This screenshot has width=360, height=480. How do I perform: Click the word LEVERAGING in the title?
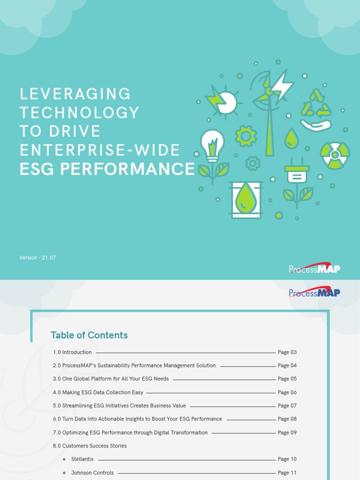coord(75,94)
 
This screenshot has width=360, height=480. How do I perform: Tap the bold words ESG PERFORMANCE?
coord(107,169)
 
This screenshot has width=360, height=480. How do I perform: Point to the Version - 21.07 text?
coord(37,258)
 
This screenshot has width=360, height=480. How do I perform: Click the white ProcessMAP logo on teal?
coord(315,269)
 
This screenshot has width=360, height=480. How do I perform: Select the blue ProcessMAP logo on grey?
coord(315,293)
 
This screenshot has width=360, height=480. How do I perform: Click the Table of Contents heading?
coord(89,335)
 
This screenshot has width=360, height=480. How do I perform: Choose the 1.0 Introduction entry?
coord(72,352)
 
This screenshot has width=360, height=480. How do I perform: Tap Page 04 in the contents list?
coord(287,366)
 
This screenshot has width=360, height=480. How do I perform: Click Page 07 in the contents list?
coord(287,405)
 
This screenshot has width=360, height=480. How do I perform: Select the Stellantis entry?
coord(82,459)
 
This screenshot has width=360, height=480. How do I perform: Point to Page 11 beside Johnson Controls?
coord(287,473)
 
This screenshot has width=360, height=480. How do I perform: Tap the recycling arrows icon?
coord(316,104)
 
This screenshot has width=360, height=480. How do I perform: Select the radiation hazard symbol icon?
coord(335,155)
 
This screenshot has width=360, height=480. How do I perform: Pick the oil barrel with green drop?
coord(246,199)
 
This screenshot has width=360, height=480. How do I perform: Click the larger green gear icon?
coord(246,136)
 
